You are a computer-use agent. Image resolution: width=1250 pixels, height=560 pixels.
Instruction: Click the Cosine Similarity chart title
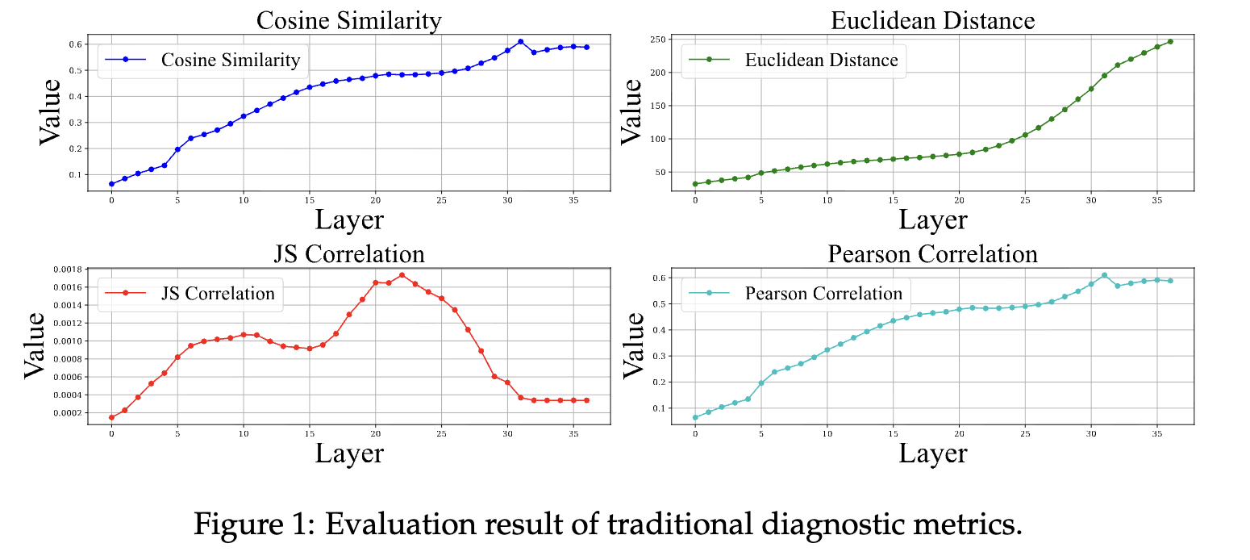[348, 20]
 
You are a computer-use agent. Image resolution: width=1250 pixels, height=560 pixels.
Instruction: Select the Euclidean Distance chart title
[932, 20]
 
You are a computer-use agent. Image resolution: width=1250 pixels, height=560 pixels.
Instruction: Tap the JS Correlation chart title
[349, 254]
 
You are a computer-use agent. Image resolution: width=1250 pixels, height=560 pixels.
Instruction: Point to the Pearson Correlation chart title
[932, 254]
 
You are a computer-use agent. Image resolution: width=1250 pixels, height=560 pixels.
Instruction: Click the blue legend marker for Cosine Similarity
[125, 60]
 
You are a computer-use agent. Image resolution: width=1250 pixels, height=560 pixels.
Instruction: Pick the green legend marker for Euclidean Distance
[709, 60]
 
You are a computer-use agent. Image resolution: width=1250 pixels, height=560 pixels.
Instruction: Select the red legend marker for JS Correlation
[125, 294]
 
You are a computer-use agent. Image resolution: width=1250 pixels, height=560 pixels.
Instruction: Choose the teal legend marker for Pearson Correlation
[709, 294]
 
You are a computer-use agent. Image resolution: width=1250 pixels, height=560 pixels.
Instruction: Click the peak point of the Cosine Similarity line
[520, 41]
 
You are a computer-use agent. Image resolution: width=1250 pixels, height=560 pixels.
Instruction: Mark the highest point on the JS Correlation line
[402, 275]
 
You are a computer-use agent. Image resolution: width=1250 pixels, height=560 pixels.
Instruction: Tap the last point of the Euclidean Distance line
[1170, 41]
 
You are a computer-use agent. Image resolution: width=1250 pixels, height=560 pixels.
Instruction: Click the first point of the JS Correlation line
[111, 417]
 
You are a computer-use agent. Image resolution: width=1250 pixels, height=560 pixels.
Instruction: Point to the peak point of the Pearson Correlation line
[1104, 275]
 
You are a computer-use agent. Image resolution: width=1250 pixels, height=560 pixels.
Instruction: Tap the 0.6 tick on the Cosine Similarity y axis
[77, 44]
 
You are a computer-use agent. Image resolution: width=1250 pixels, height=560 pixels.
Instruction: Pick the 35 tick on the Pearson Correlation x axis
[1156, 434]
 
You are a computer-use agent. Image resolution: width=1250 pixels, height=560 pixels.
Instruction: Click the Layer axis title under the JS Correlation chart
[349, 453]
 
